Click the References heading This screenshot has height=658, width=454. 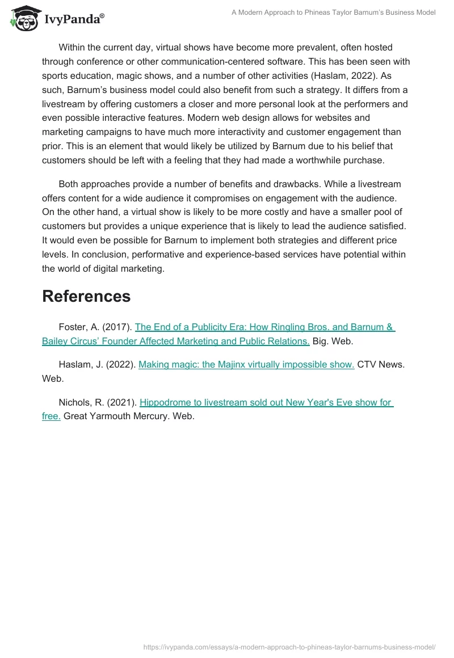pyautogui.click(x=86, y=296)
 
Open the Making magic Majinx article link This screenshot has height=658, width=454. pyautogui.click(x=246, y=365)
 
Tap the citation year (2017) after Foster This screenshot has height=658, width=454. pyautogui.click(x=117, y=327)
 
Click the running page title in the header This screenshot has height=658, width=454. pyautogui.click(x=333, y=12)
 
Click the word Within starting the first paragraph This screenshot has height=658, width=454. pyautogui.click(x=74, y=48)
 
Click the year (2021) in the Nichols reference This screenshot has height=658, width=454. pyautogui.click(x=123, y=402)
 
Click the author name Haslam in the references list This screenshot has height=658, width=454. pyautogui.click(x=74, y=365)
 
